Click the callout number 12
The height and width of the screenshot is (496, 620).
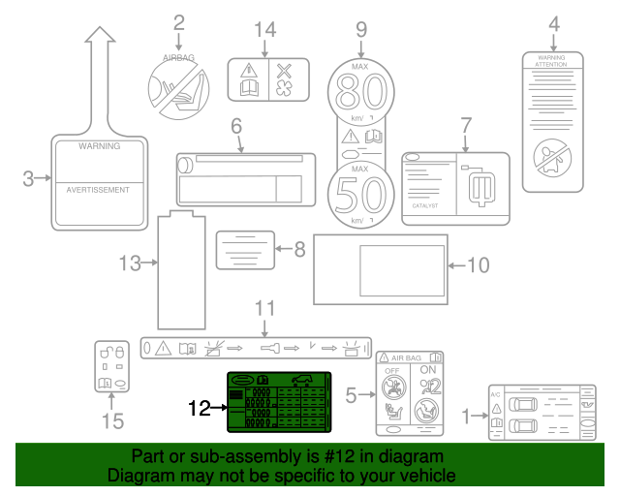click(199, 409)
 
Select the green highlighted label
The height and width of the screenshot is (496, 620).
click(278, 402)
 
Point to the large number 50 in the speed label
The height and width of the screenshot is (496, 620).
click(360, 195)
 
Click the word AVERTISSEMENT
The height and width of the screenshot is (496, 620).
click(97, 190)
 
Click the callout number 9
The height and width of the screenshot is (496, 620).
click(361, 29)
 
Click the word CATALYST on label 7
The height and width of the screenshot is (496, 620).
click(425, 205)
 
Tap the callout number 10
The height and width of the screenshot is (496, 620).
click(479, 263)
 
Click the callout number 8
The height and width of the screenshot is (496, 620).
click(299, 249)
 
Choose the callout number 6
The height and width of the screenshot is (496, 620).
click(235, 126)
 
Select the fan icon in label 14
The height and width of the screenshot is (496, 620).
click(283, 89)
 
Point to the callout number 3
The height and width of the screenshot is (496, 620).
click(29, 177)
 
